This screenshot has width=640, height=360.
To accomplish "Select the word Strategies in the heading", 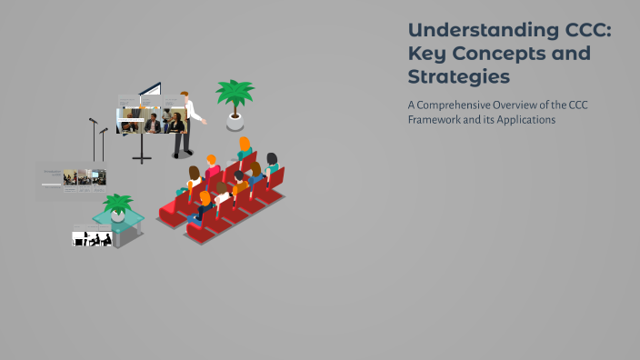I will (458, 76).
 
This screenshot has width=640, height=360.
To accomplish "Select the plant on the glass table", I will (117, 206).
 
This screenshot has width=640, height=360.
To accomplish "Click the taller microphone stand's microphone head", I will (93, 120).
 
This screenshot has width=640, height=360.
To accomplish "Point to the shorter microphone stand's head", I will (104, 131).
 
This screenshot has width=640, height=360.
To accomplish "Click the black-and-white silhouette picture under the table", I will (92, 238).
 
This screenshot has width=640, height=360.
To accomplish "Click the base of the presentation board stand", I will (143, 161).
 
